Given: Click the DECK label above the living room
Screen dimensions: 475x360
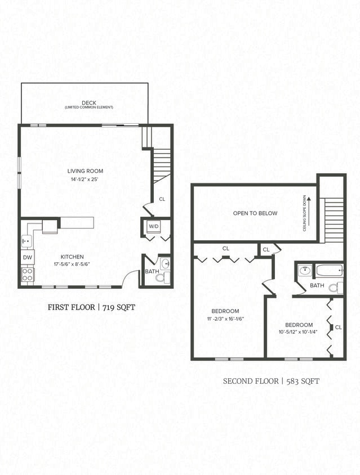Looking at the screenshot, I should [x=88, y=102].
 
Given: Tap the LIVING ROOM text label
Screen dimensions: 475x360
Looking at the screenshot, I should [x=85, y=171].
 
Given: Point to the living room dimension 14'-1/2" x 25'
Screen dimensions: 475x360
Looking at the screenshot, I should [x=85, y=180].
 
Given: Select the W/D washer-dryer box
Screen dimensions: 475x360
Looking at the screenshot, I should [x=153, y=226].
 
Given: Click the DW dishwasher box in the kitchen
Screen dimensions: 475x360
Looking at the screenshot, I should [x=28, y=257].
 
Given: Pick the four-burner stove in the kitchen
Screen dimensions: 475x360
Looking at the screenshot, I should [x=27, y=275].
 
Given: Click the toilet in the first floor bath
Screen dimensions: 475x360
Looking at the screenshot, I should [x=160, y=277].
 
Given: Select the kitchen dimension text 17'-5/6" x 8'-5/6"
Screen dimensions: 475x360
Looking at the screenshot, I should [x=72, y=264].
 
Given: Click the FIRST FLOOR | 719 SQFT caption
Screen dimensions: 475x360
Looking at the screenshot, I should [x=92, y=307].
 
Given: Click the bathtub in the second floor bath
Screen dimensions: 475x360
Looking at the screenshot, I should [x=329, y=271].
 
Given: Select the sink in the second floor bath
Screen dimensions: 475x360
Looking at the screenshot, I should [x=304, y=271].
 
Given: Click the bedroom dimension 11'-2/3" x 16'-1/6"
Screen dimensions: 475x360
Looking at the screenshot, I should [x=225, y=319].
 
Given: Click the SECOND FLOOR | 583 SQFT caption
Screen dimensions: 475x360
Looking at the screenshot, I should [x=271, y=381].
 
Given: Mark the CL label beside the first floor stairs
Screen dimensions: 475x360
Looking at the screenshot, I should [x=162, y=199].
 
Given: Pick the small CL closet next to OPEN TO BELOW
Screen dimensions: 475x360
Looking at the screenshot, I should [x=266, y=249].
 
